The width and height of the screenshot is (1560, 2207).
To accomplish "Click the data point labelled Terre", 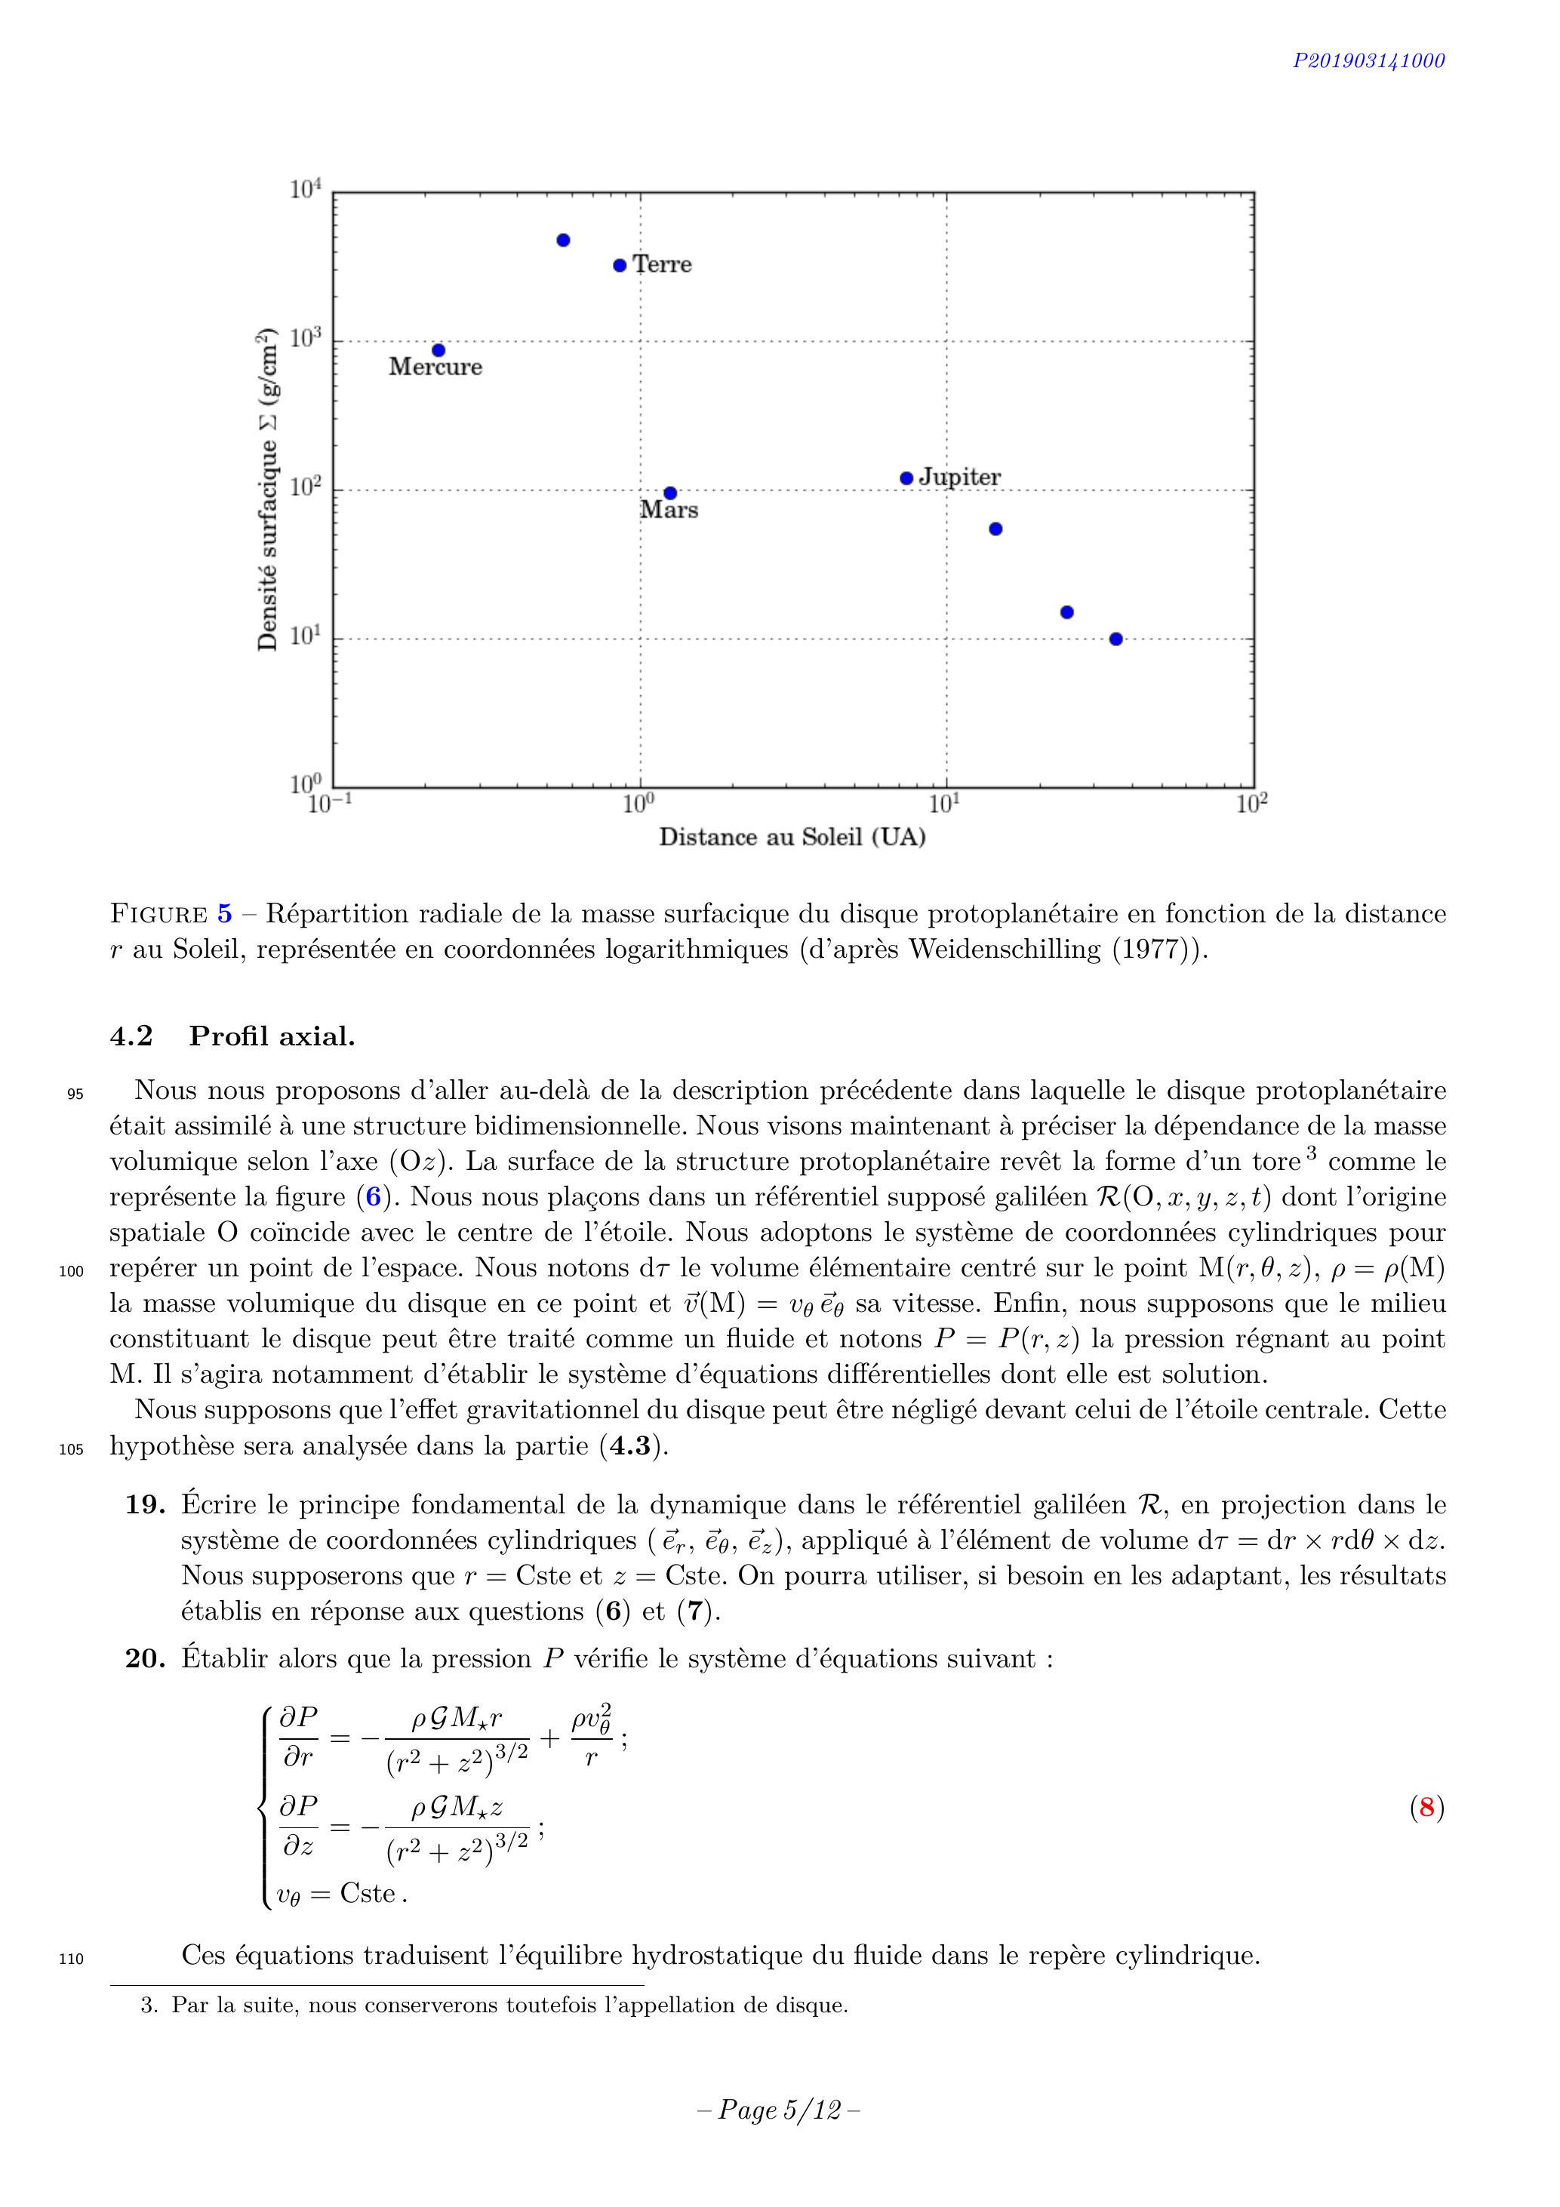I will click(x=620, y=265).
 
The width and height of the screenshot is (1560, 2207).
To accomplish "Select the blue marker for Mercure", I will click(x=438, y=350).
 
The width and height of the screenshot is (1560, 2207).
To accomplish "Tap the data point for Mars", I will click(x=671, y=493).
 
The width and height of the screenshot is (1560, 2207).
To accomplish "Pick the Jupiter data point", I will click(x=906, y=478).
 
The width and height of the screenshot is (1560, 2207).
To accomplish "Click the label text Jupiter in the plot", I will click(x=959, y=477).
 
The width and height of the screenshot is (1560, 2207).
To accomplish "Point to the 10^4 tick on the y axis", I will click(x=306, y=189).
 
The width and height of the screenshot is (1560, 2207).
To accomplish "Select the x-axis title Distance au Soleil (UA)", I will click(x=792, y=837).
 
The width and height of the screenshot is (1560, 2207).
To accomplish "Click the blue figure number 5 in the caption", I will click(x=224, y=913).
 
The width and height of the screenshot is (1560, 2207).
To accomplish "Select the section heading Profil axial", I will click(x=271, y=1036).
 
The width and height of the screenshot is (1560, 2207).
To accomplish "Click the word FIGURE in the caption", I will click(x=158, y=913).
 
